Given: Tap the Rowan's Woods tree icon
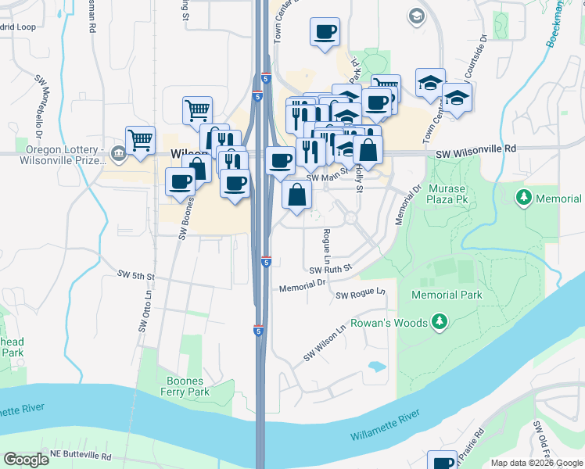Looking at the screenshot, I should coord(440,322).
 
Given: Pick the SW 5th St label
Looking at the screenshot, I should coord(137,276).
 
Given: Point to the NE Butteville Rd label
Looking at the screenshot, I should coord(81,455).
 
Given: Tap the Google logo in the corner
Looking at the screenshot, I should coord(26,460).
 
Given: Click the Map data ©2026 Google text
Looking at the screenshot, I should coord(537,463).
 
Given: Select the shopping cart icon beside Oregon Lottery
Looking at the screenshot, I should coord(141,139).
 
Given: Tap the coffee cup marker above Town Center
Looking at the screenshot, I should coord(325,32).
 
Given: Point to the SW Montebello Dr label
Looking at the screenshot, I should coord(38,106).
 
